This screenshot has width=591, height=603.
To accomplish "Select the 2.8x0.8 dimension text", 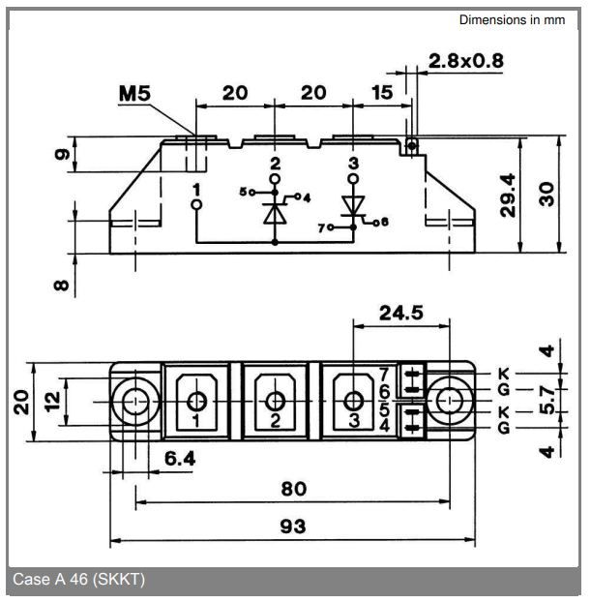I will [466, 61].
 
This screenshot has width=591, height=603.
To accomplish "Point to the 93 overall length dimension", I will [293, 526].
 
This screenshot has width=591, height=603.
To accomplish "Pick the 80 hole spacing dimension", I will [293, 489].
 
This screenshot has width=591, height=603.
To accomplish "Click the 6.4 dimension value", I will [179, 458].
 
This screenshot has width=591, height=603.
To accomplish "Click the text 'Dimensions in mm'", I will [512, 19].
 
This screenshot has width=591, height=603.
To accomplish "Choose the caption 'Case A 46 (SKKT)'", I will [78, 580].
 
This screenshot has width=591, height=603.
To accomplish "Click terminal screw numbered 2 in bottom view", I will [275, 401].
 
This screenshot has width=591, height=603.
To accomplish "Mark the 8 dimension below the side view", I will [61, 286].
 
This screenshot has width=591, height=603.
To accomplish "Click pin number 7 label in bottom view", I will [384, 374].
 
